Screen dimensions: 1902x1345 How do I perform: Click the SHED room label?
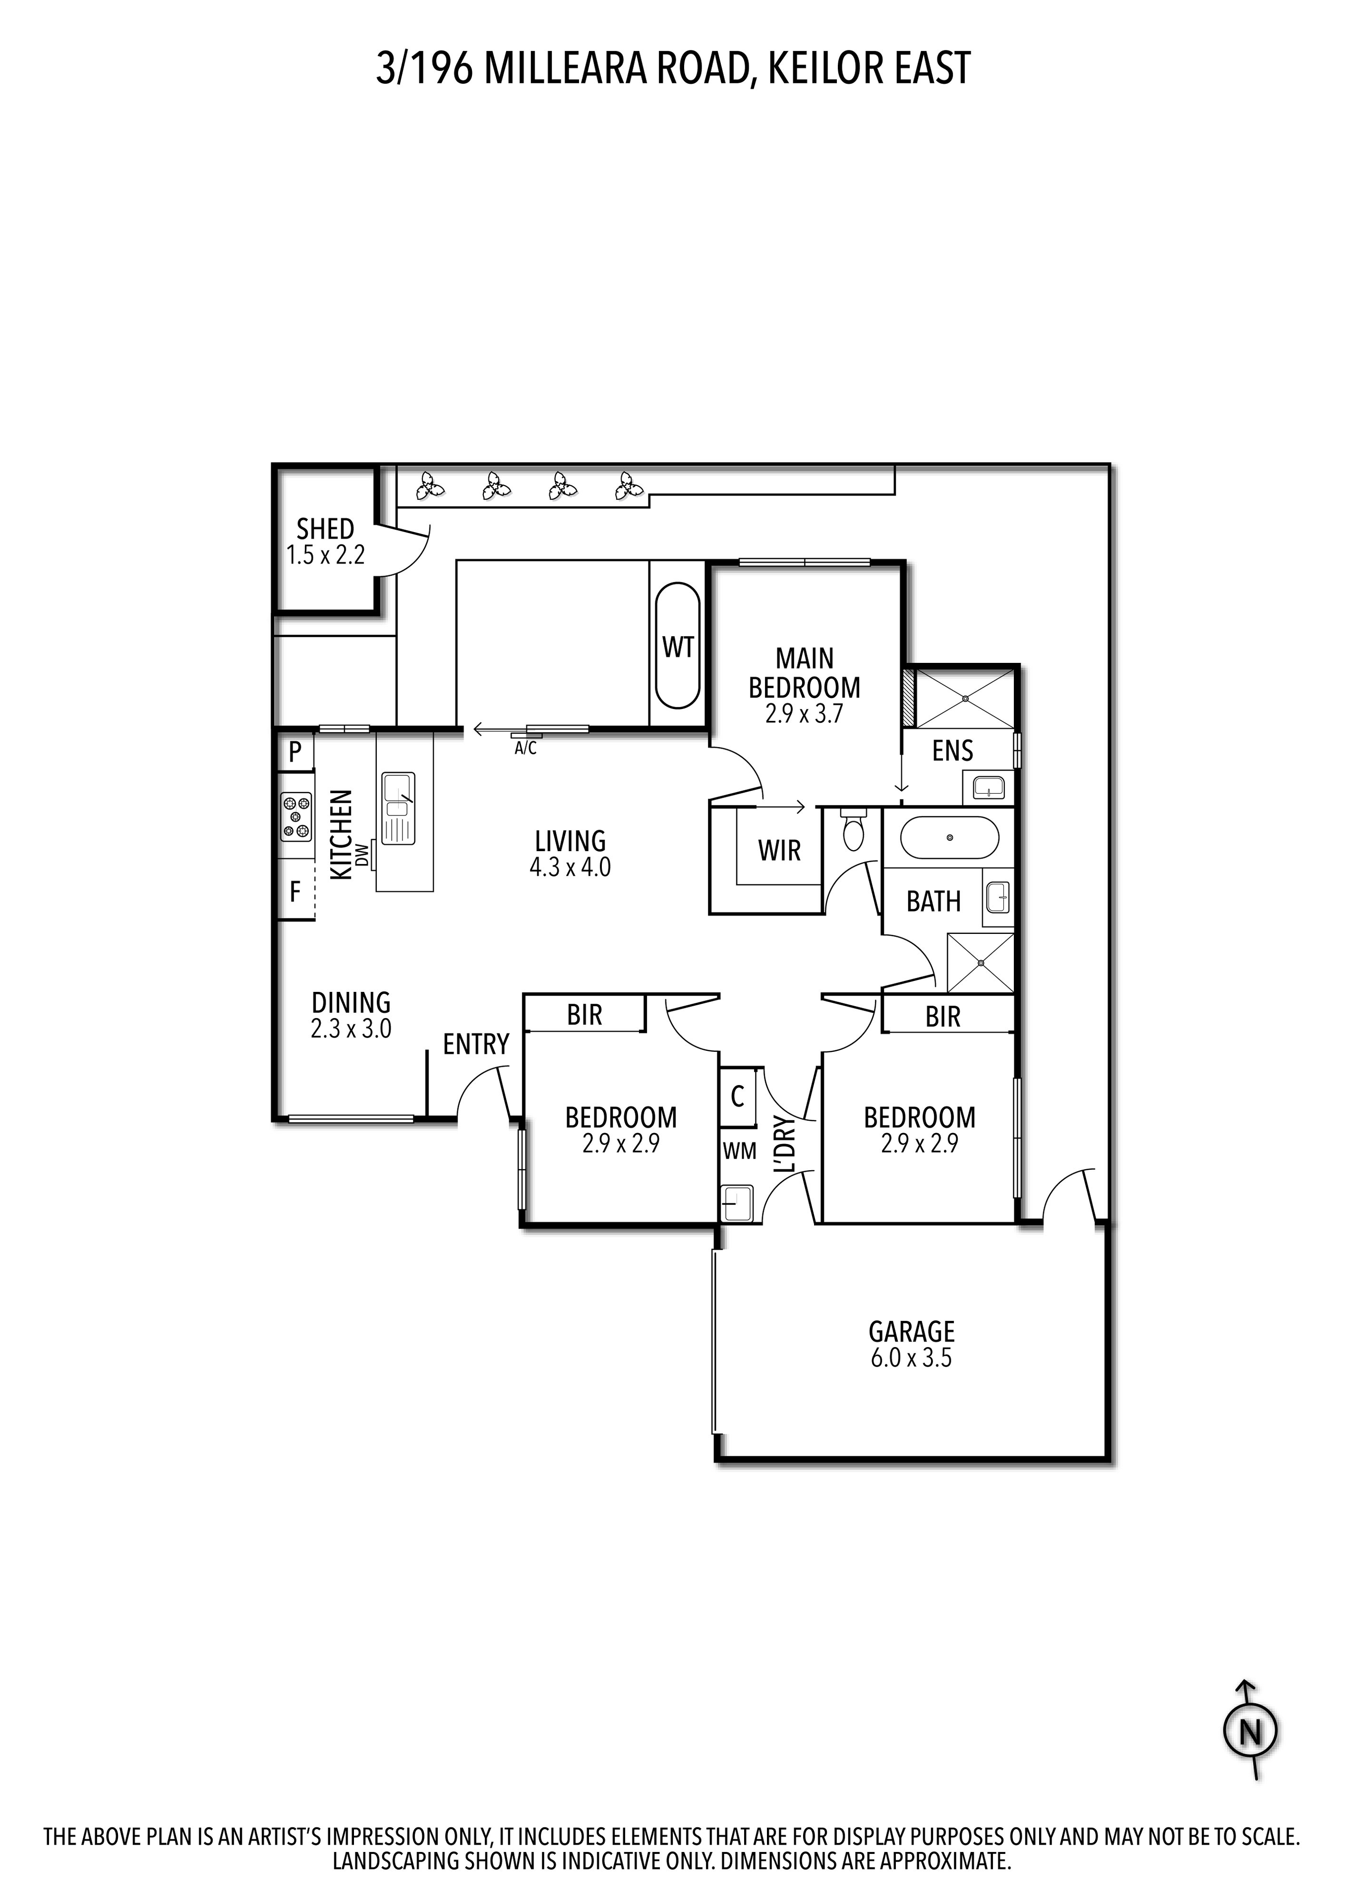(x=325, y=529)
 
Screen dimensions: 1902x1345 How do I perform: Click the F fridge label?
(x=294, y=892)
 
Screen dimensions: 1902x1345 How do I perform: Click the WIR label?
(x=779, y=850)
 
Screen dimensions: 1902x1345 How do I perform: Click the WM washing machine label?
(x=739, y=1150)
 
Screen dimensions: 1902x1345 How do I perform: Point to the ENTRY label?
(x=475, y=1044)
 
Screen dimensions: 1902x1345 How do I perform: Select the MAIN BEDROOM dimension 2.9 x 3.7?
(x=804, y=714)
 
